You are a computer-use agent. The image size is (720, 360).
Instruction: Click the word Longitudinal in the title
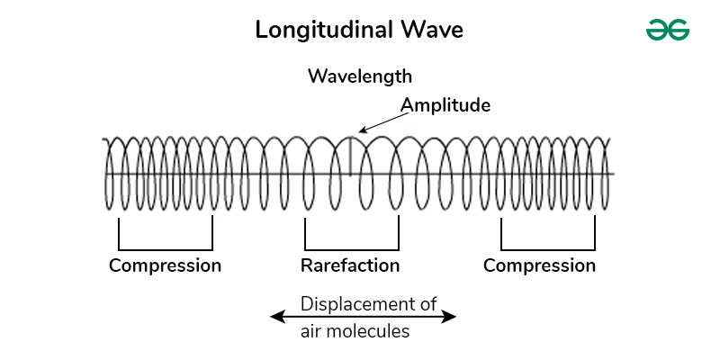tap(321, 30)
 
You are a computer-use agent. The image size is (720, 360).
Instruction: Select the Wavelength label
tap(360, 76)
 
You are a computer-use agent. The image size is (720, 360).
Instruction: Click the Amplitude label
tap(445, 105)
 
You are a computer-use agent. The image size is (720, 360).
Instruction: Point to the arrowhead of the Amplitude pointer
tap(360, 131)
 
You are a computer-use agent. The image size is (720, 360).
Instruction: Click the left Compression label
tap(165, 265)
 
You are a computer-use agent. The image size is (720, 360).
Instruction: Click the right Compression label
tap(539, 265)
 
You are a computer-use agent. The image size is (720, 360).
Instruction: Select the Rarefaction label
tap(350, 265)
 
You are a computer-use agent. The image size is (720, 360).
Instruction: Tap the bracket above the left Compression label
tap(166, 248)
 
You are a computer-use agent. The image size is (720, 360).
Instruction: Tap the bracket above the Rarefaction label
tap(352, 248)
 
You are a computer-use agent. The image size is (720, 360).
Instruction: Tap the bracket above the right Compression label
tap(548, 248)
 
